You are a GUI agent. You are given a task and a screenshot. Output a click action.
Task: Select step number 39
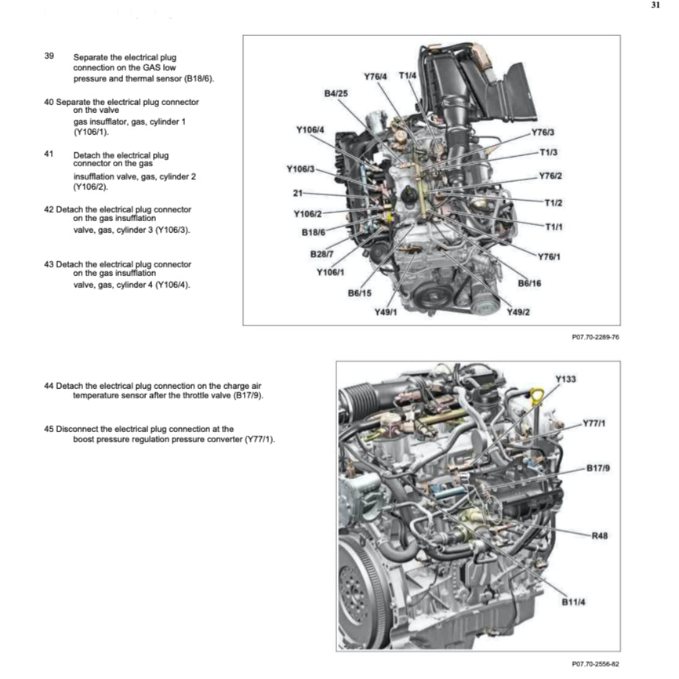pyautogui.click(x=49, y=57)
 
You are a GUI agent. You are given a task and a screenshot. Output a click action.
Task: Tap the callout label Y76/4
pyautogui.click(x=376, y=76)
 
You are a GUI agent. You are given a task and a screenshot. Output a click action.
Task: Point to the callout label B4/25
pyautogui.click(x=336, y=93)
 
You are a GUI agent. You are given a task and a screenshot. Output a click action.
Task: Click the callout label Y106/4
pyautogui.click(x=310, y=129)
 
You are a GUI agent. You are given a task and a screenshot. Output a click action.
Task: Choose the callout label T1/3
pyautogui.click(x=548, y=152)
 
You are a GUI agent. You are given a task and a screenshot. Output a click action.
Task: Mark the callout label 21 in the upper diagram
pyautogui.click(x=297, y=193)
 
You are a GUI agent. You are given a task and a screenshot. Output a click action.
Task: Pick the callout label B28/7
pyautogui.click(x=321, y=253)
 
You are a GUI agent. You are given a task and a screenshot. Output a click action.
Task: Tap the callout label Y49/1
pyautogui.click(x=386, y=312)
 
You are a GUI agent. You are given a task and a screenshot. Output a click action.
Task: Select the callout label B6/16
pyautogui.click(x=530, y=283)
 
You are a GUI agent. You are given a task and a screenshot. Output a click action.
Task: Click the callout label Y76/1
pyautogui.click(x=550, y=256)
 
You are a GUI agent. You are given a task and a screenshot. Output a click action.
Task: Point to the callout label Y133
pyautogui.click(x=565, y=379)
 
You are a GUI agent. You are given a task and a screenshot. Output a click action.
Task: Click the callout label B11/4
pyautogui.click(x=574, y=602)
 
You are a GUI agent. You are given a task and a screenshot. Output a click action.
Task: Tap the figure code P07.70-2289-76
pyautogui.click(x=596, y=337)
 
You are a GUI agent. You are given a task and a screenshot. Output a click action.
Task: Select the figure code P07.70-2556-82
pyautogui.click(x=596, y=663)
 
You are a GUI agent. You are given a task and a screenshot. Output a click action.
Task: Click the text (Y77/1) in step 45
pyautogui.click(x=260, y=439)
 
